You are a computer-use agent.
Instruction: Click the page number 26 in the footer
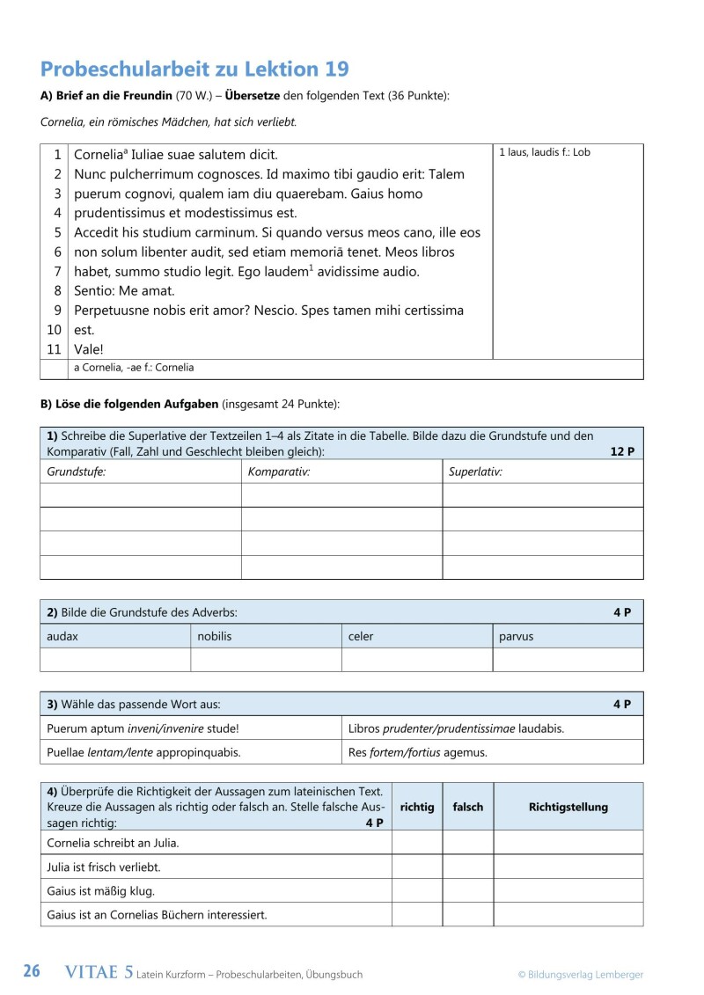tap(31, 972)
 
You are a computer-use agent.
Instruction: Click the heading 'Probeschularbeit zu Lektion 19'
tap(194, 70)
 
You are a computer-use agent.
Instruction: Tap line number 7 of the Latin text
tap(57, 272)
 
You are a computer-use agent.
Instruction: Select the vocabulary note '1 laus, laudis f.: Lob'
tap(544, 153)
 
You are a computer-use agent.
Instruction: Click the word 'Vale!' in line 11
tap(89, 349)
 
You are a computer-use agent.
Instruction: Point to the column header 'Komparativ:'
tap(279, 472)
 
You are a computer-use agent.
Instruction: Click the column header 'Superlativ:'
tap(475, 472)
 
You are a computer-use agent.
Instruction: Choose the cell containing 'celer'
tap(361, 636)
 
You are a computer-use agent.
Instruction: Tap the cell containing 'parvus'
tap(516, 636)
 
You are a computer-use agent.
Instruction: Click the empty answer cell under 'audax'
tap(115, 660)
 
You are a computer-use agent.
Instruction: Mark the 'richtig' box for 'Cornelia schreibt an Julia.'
tap(417, 843)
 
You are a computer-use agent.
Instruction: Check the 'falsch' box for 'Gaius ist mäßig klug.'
tap(467, 890)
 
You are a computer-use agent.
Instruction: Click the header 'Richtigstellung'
tap(568, 807)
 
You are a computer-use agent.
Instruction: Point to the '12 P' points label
tap(621, 451)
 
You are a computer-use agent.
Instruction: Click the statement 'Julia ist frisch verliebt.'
tap(103, 867)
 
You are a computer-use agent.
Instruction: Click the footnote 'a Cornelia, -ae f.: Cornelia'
tap(134, 368)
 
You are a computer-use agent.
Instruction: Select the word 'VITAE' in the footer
tap(92, 972)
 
